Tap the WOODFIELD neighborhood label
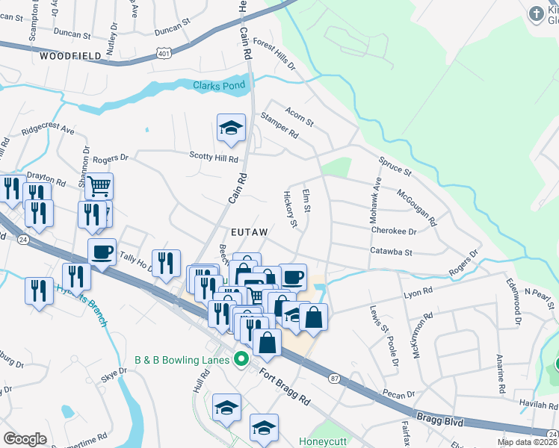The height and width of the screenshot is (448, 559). pos(70,56)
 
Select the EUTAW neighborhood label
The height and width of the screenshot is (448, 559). pos(248,232)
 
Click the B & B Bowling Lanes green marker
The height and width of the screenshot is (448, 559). pos(241,360)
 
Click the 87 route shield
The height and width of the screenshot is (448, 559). pos(333,379)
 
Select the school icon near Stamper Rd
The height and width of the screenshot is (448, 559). pos(232,128)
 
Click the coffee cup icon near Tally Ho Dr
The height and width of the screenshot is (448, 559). pos(102,252)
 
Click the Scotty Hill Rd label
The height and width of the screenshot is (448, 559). pos(213,159)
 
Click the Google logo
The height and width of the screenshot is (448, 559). pos(25,439)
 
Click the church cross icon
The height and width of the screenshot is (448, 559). pos(536,13)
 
